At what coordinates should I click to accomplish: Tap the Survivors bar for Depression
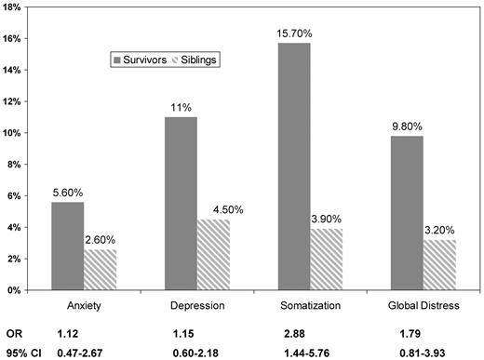click(x=181, y=204)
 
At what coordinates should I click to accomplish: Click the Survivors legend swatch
click(x=118, y=60)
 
